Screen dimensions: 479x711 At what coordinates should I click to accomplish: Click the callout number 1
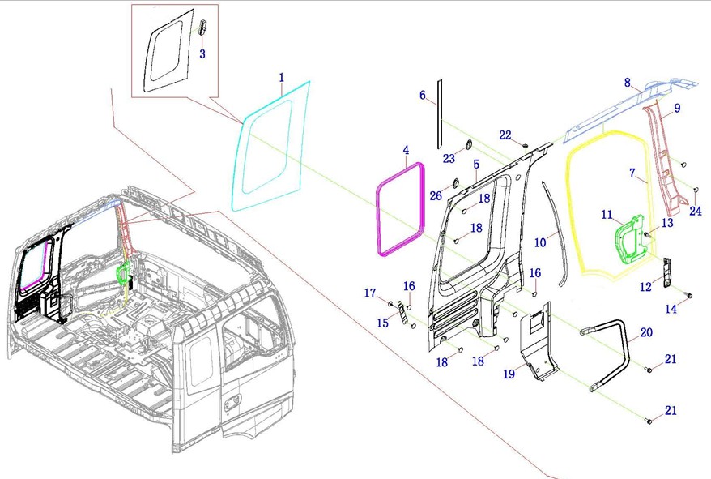[x=282, y=78]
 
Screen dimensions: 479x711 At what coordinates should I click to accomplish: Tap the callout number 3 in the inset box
[x=202, y=54]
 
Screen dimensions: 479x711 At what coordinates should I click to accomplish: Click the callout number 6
[x=422, y=96]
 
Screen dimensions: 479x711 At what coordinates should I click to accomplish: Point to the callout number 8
[x=627, y=82]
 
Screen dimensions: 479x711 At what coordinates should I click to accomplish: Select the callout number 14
[x=671, y=309]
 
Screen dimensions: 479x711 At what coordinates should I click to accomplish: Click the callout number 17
[x=370, y=293]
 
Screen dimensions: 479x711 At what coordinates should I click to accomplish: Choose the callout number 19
[x=509, y=374]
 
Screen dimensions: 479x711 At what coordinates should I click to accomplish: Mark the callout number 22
[x=505, y=135]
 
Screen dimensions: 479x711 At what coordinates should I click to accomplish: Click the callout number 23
[x=449, y=159]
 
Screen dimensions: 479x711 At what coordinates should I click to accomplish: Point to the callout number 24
[x=696, y=212]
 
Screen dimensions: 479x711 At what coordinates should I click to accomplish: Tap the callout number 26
[x=436, y=195]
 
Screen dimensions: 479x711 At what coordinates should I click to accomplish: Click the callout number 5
[x=476, y=164]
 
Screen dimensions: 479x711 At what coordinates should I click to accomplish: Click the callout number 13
[x=667, y=223]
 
